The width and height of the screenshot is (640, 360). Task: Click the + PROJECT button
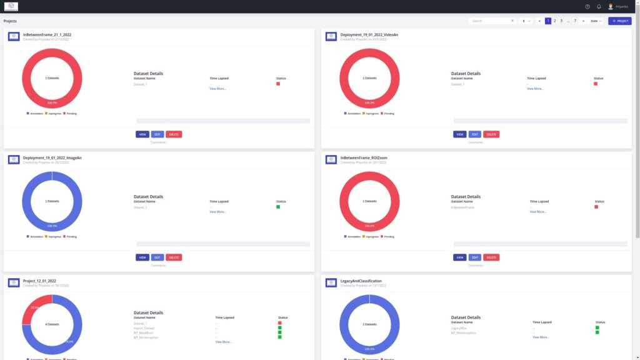tap(619, 21)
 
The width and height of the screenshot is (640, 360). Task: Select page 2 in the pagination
tap(554, 21)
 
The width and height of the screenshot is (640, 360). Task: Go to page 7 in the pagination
tap(575, 21)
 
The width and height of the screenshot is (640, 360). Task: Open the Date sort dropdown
tap(596, 21)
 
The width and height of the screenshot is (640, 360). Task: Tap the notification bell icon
tap(599, 7)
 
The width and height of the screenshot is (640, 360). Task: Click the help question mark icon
tap(587, 7)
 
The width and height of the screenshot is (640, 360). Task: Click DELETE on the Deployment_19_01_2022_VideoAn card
tap(491, 134)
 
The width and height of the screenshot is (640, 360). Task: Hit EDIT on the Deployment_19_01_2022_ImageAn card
tap(157, 257)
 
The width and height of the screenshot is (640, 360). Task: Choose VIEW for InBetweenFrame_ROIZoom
tap(460, 257)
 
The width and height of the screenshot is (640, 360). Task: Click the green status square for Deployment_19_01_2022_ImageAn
tap(278, 207)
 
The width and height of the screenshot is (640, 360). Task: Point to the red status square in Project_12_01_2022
tap(280, 323)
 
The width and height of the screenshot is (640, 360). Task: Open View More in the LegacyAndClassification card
tap(541, 337)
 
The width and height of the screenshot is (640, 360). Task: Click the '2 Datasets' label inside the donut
tap(370, 324)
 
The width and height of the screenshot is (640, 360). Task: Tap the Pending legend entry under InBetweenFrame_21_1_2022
tap(71, 114)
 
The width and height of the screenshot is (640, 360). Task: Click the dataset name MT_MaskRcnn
tap(144, 332)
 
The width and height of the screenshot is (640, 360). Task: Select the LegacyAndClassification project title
tap(361, 281)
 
